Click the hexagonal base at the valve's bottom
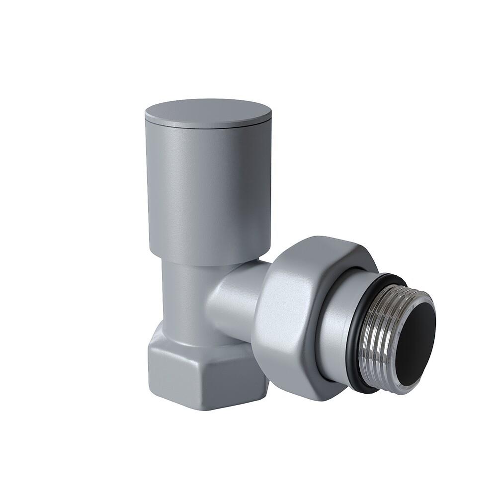pyautogui.click(x=199, y=368)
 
